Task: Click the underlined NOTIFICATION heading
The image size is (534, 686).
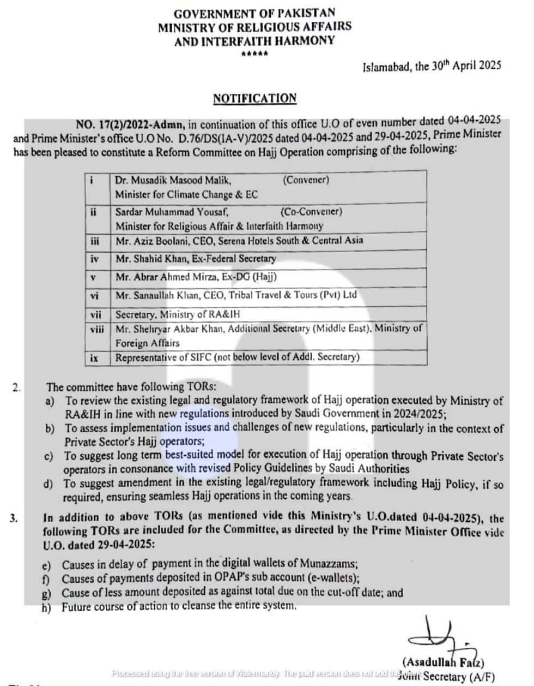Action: pyautogui.click(x=254, y=99)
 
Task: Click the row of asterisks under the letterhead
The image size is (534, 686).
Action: pyautogui.click(x=254, y=53)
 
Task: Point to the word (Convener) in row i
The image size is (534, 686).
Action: pyautogui.click(x=306, y=180)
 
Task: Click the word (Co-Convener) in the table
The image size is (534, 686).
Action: pyautogui.click(x=311, y=211)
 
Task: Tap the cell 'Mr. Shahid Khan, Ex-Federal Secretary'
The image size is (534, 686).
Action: pyautogui.click(x=196, y=259)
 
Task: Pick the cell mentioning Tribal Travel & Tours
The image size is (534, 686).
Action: pyautogui.click(x=236, y=295)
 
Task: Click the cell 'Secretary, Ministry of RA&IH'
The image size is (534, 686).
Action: pyautogui.click(x=178, y=314)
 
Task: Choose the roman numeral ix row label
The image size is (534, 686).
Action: pyautogui.click(x=94, y=357)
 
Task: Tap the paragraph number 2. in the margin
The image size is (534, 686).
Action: pyautogui.click(x=17, y=387)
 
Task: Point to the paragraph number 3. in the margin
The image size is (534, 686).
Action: pyautogui.click(x=14, y=518)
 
